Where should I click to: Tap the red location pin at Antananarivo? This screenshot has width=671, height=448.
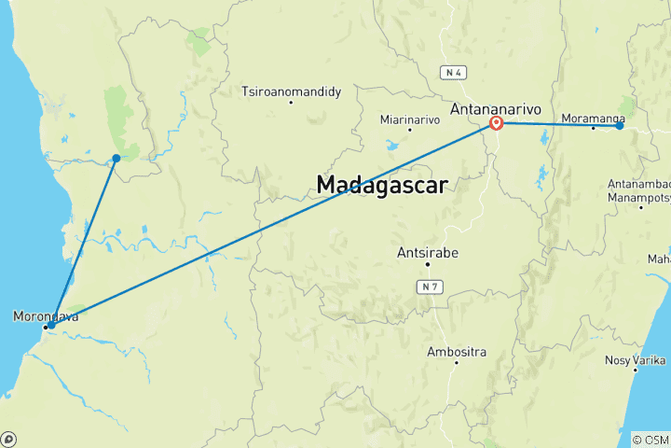pos(497,123)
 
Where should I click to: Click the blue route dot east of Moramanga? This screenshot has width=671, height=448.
pos(619,125)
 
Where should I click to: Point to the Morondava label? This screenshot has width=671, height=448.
pos(46,316)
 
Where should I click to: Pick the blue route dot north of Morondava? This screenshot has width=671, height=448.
pos(116,158)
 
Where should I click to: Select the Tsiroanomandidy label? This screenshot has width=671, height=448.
pos(292,91)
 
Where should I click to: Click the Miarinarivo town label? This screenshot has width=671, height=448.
pos(410,119)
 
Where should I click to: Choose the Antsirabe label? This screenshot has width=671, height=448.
pos(429,253)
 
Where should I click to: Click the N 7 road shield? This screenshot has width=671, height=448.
pos(429,287)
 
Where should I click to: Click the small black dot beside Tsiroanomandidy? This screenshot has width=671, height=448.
pos(291,102)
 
